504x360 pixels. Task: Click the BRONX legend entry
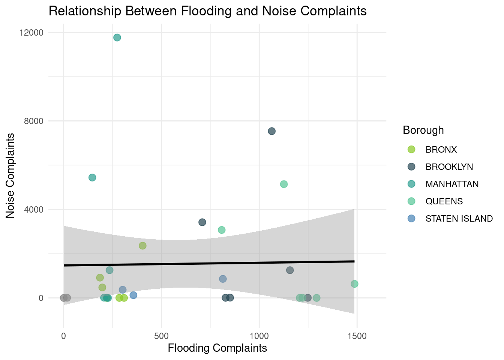pos(441,150)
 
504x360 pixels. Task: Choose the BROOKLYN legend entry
pos(449,167)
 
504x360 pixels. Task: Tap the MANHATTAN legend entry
pos(452,184)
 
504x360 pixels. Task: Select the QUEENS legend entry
pos(444,201)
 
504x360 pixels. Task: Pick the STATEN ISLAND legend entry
pos(459,219)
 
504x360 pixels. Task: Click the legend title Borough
pos(423,130)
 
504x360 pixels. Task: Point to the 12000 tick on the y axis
pos(31,33)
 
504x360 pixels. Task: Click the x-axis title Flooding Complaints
pos(217,348)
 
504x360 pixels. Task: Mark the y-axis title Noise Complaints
pos(10,175)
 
